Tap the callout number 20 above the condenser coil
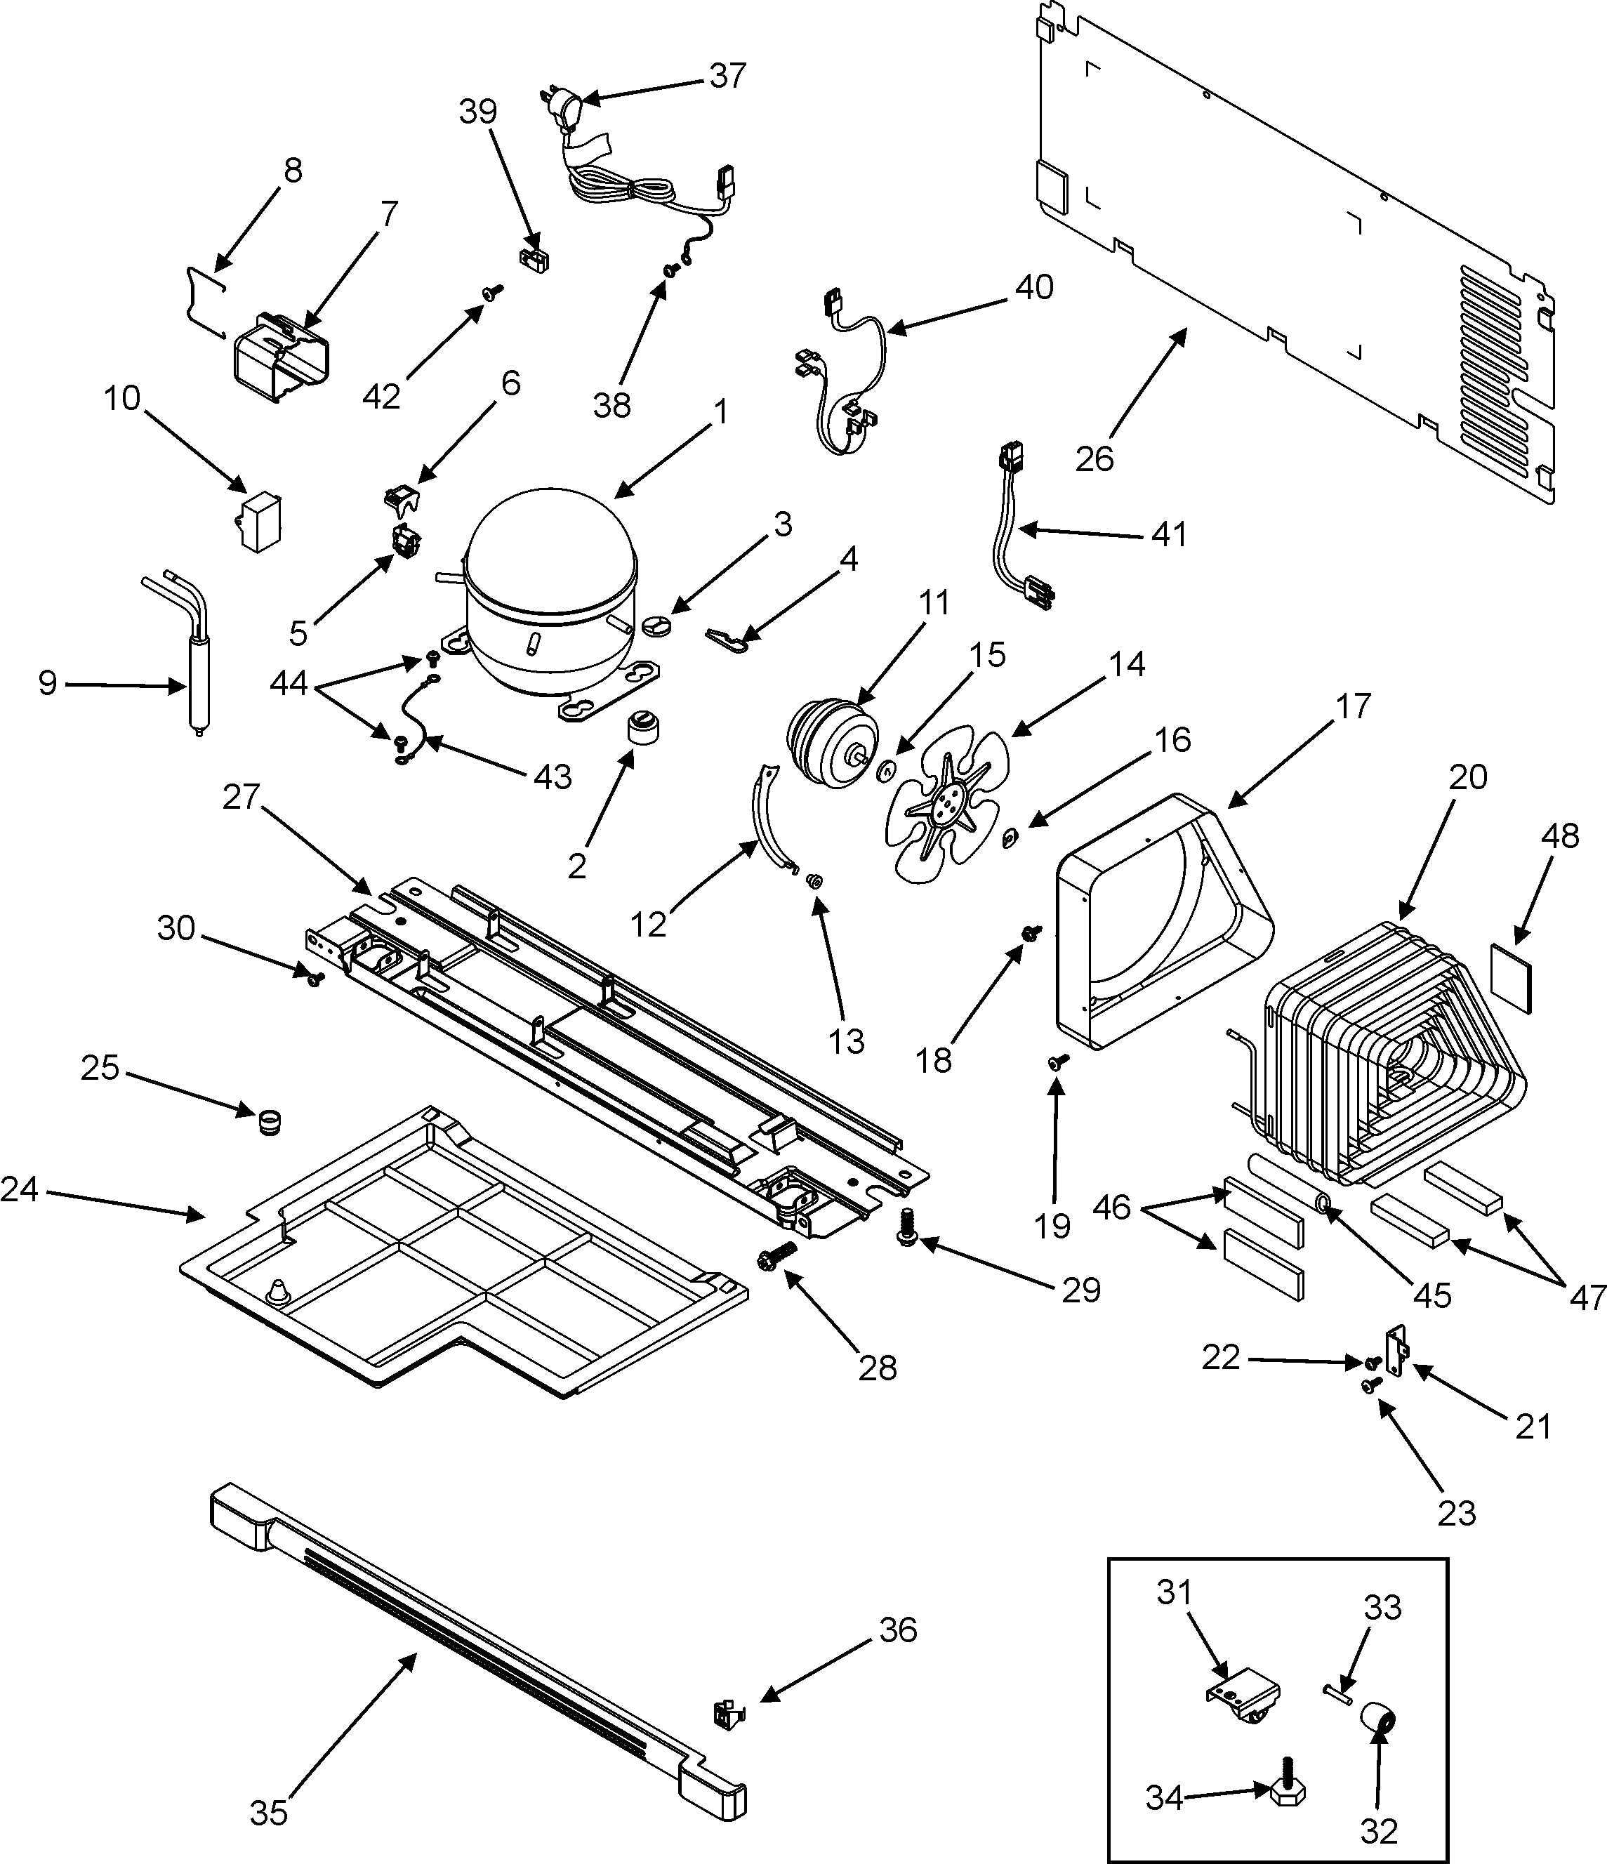1467,776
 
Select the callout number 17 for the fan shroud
1352,706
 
